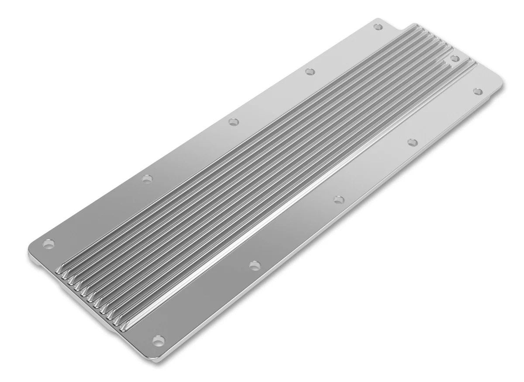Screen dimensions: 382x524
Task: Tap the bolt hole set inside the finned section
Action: coord(455,58)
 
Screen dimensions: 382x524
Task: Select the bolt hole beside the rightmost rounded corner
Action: coord(478,91)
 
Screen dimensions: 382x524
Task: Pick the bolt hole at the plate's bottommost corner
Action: coord(159,339)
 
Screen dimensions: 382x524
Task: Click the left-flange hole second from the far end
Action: coord(310,71)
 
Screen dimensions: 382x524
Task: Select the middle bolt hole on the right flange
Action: coord(338,199)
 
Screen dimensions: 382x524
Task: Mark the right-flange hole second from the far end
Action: coord(412,142)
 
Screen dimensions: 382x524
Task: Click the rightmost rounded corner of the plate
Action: coord(501,86)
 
